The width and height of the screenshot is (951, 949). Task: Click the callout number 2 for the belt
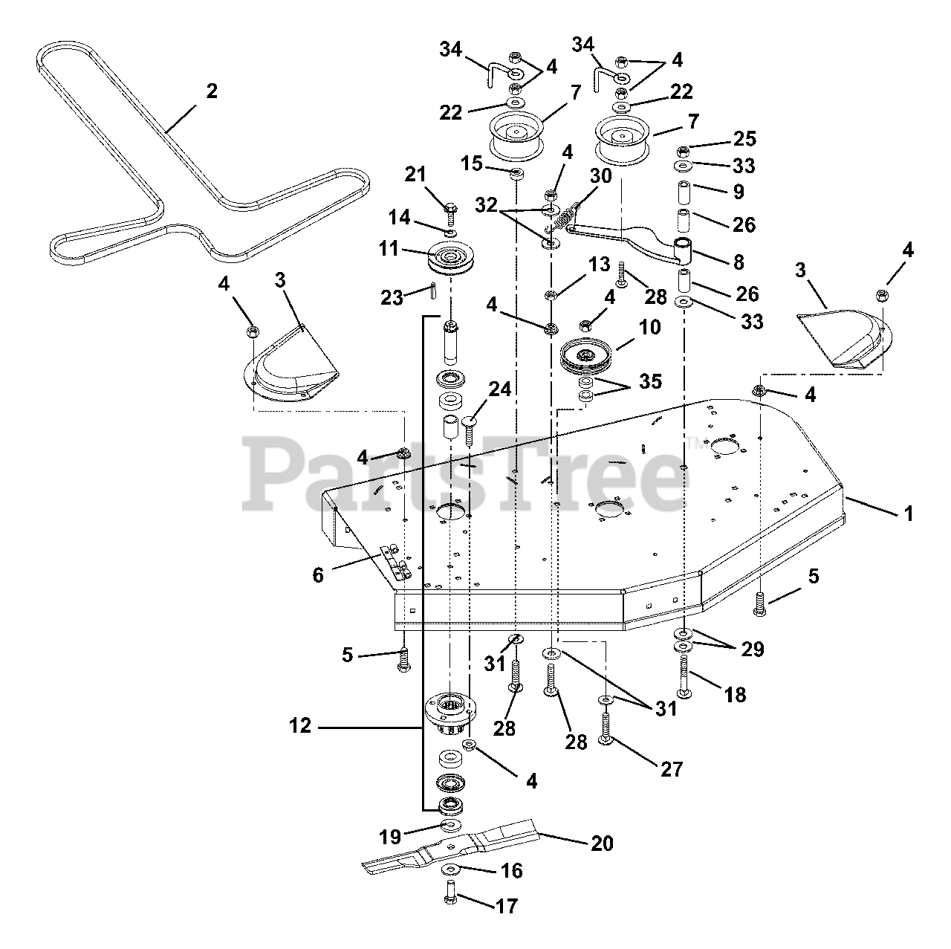[212, 91]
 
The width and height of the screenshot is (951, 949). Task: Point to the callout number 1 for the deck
[909, 514]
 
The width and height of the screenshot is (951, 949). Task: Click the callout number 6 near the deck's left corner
[319, 574]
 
